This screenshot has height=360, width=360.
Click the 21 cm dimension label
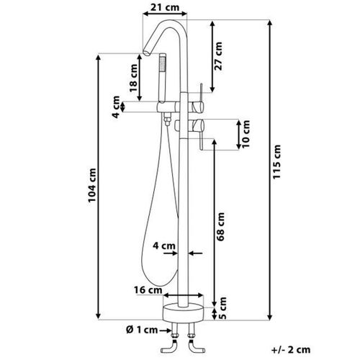coord(165,7)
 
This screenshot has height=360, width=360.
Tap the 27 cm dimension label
coord(218,56)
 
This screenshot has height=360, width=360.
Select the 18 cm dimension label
coord(133,78)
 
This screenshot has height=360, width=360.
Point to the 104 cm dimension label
coord(92,185)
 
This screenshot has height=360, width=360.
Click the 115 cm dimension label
coord(276,162)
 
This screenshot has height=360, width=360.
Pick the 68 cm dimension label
coord(220,227)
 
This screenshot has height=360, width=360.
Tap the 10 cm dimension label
coord(246,134)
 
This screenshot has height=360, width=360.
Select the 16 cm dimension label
coord(148,290)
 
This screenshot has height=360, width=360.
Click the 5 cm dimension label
coord(222,308)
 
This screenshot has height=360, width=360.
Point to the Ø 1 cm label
coord(142,330)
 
